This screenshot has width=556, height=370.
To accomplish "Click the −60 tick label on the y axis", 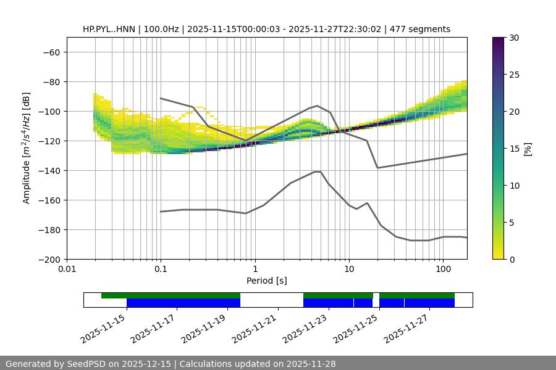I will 51,52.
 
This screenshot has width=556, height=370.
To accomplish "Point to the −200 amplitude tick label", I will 48,260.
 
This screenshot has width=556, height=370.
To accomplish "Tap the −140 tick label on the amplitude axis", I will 48,171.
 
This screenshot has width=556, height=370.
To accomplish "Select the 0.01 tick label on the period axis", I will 67,269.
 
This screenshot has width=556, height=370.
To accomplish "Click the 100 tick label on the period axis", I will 443,269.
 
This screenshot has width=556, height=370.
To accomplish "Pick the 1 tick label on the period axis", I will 255,269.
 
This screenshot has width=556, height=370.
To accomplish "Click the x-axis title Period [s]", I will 266,281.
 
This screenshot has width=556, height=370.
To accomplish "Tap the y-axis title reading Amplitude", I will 27,149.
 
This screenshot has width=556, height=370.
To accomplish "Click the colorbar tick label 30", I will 514,38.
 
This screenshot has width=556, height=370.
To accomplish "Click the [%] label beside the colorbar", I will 528,149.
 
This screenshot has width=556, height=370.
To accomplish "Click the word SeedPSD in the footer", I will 88,364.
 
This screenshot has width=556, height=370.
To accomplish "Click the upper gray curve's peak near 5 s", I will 318,105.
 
